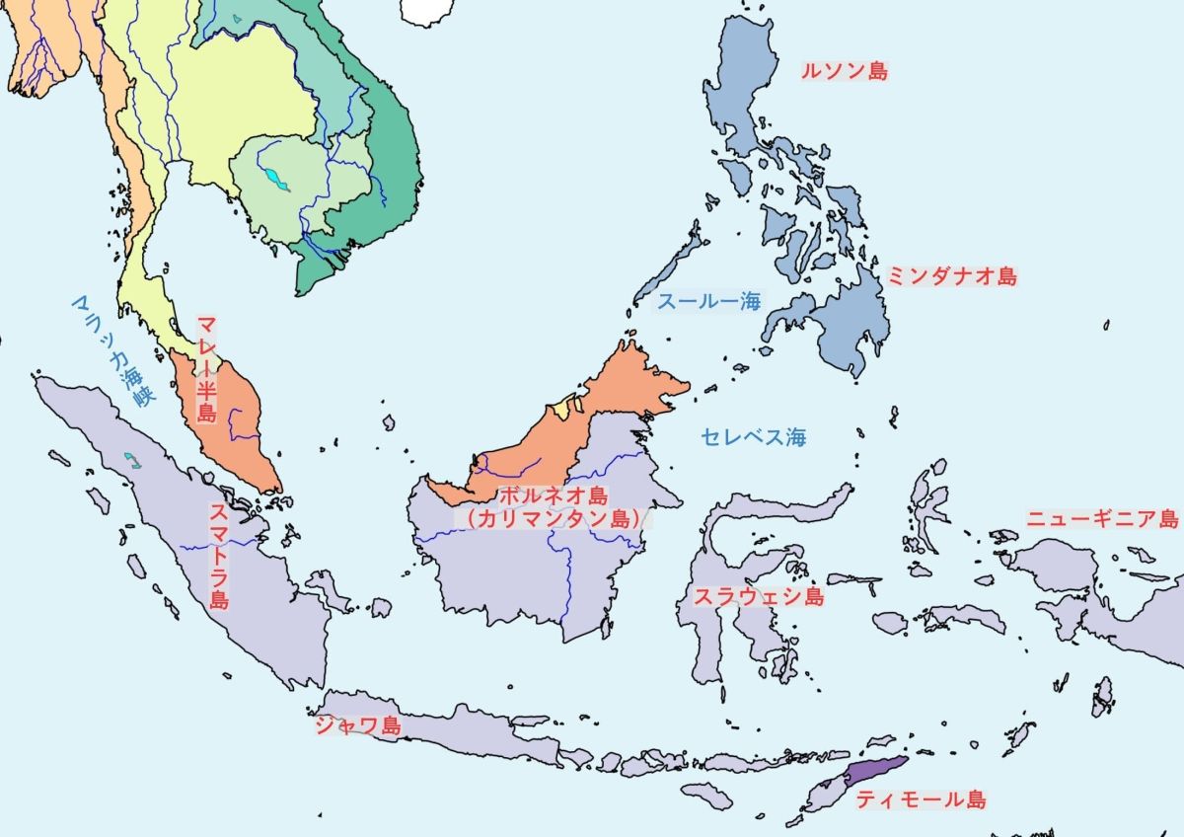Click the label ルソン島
tap(845, 71)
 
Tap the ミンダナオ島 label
tap(951, 276)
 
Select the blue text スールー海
tap(709, 301)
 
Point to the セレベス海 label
tap(754, 436)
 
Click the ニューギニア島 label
tap(1102, 519)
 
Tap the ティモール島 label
tap(920, 799)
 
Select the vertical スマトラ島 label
tap(219, 557)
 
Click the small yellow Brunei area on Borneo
tap(562, 404)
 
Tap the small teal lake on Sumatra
tap(131, 459)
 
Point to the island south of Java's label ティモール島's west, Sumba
tap(706, 795)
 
